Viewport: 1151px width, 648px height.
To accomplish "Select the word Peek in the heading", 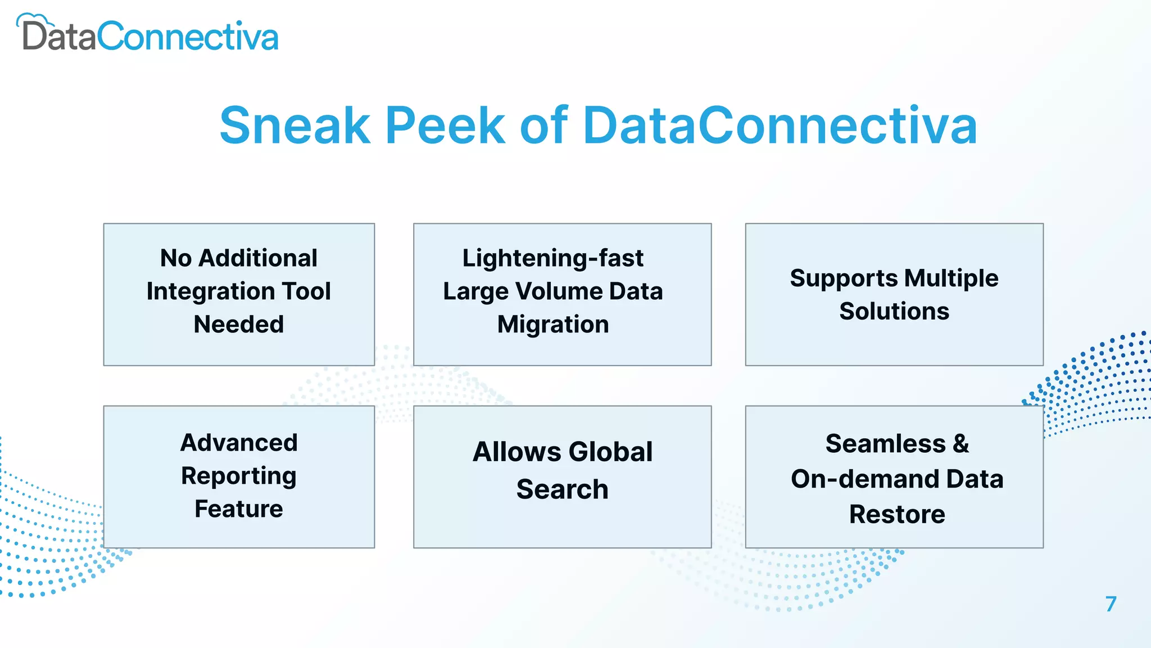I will tap(445, 125).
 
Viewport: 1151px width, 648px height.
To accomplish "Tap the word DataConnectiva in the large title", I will tap(780, 125).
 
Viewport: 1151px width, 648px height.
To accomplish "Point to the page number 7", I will tap(1111, 604).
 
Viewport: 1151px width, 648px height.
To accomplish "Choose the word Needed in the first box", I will tap(239, 325).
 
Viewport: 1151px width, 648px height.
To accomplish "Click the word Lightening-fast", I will tap(553, 258).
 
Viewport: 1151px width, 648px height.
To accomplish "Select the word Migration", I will tap(553, 325).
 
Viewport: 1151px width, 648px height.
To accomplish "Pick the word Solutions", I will tap(894, 312).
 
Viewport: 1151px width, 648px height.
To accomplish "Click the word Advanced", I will tap(239, 443).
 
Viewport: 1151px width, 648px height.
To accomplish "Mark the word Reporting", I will tap(239, 476).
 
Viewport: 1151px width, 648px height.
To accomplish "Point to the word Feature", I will tap(239, 509).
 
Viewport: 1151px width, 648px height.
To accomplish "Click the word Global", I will tap(610, 452).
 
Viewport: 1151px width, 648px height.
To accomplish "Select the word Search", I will tap(562, 489).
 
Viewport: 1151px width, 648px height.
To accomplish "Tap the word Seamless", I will tap(885, 444).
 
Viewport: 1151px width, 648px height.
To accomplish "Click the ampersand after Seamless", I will tap(961, 444).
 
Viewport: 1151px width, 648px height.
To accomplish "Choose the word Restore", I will tap(897, 515).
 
